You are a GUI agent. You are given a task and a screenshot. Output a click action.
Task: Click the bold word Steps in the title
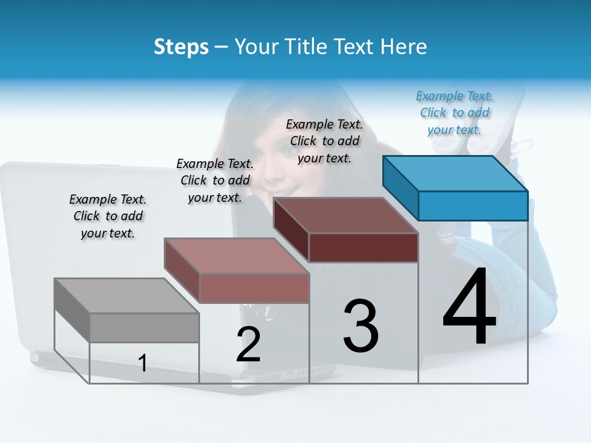pos(181,47)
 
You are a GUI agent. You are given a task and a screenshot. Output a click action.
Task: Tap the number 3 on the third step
pos(361,325)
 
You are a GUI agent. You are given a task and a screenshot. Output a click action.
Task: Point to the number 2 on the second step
pos(249,345)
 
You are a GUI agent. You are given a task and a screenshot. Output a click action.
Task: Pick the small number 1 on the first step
pos(143,363)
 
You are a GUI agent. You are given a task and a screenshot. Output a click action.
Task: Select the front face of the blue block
pos(473,206)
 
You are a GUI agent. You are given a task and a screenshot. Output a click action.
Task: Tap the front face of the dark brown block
pos(363,247)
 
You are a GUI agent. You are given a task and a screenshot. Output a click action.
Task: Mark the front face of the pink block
pos(254,288)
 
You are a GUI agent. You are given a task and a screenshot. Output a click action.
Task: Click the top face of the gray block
pos(127,296)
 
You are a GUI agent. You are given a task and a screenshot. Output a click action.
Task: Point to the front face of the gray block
pos(144,327)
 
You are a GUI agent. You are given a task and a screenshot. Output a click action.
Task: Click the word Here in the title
pos(406,47)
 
